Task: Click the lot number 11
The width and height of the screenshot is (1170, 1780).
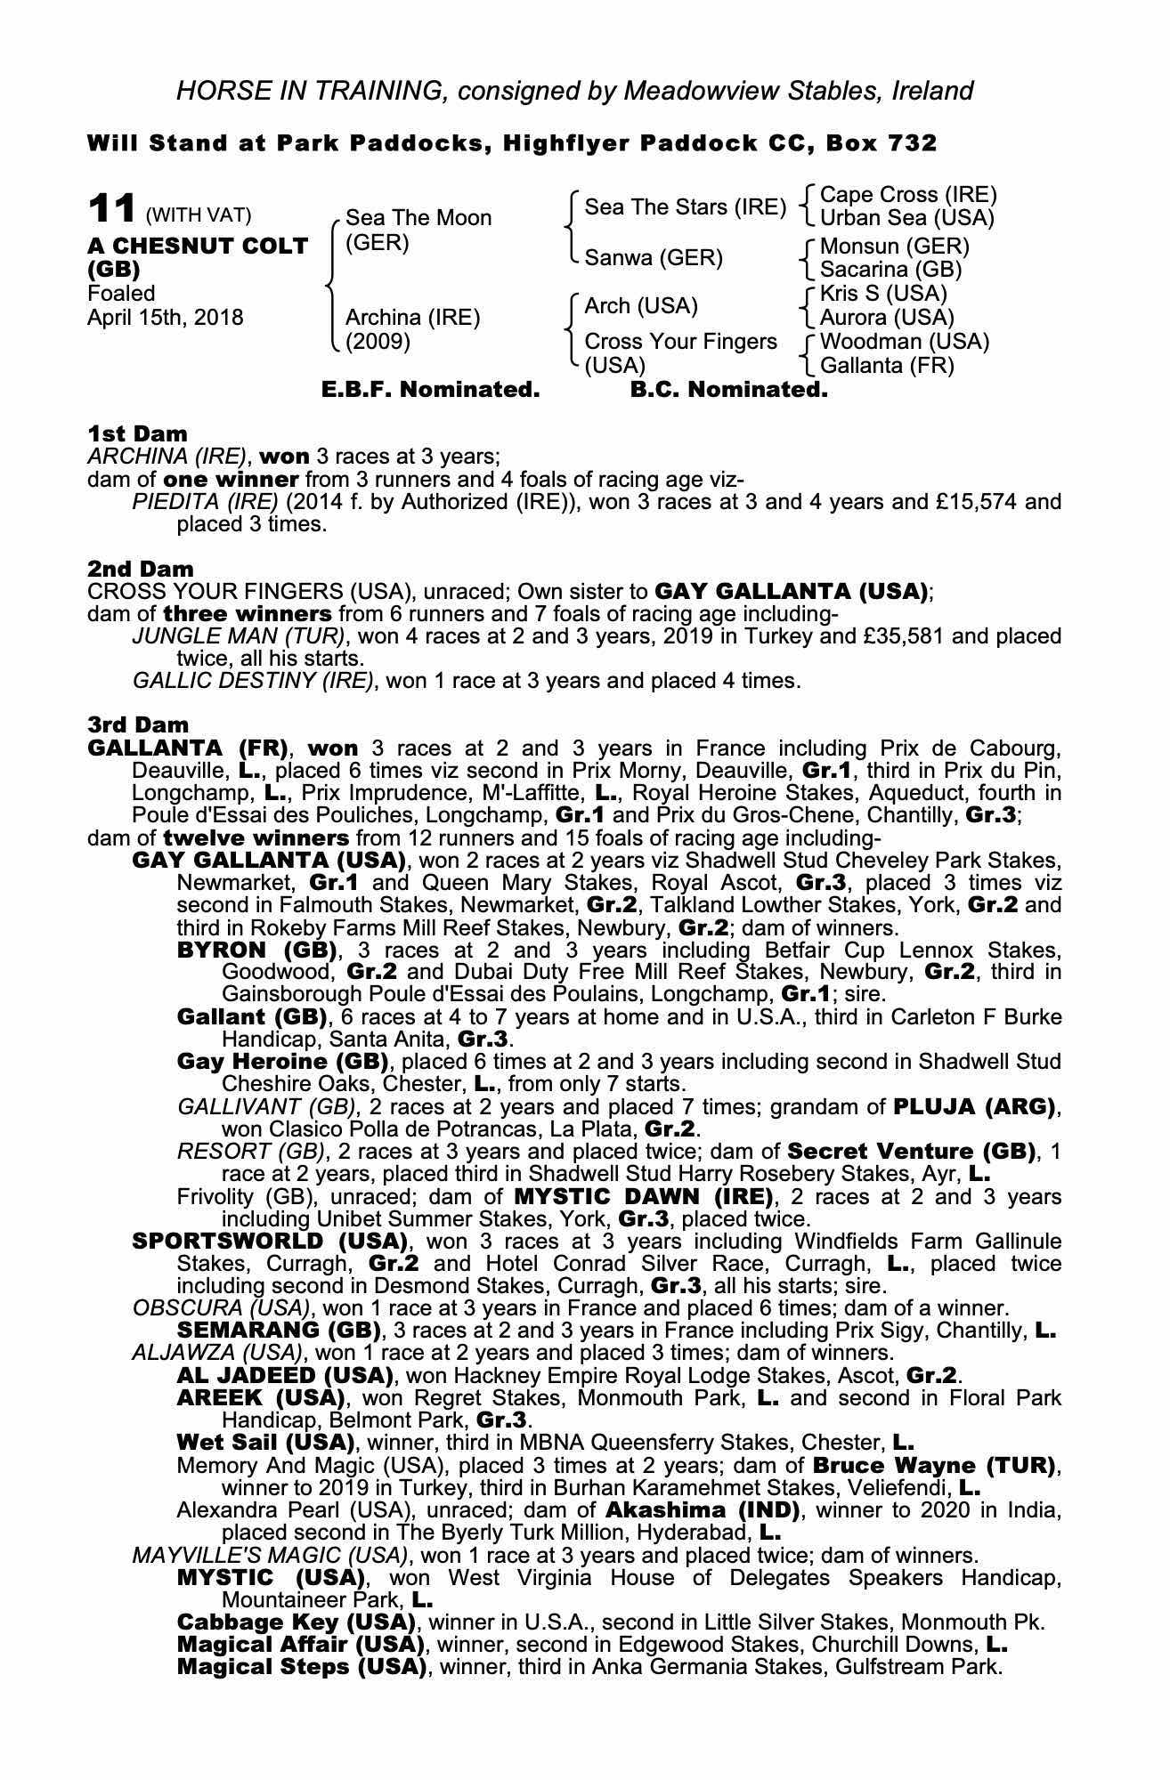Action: click(111, 210)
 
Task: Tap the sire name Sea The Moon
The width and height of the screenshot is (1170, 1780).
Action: click(418, 218)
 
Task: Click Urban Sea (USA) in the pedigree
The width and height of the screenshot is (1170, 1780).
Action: click(906, 218)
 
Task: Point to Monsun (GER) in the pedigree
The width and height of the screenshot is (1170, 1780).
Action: click(894, 246)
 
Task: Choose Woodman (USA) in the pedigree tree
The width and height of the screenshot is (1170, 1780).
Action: click(904, 342)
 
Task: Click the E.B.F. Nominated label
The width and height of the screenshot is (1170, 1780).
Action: click(430, 390)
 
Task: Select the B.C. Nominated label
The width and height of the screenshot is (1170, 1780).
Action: click(728, 390)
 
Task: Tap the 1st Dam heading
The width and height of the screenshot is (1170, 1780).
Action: click(137, 434)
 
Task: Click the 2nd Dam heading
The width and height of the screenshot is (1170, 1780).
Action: click(140, 569)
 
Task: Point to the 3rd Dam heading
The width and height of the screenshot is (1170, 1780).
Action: click(139, 725)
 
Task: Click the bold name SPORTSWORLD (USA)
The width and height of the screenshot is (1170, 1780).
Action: click(269, 1241)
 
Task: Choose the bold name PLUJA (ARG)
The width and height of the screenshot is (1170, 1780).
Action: click(974, 1107)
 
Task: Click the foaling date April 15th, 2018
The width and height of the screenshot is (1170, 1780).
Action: click(165, 318)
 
